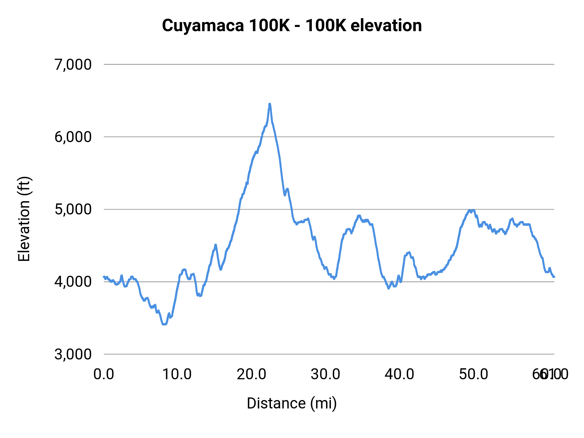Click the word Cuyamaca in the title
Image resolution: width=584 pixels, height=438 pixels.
coord(203,26)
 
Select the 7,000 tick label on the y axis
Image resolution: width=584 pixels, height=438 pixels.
coord(73,65)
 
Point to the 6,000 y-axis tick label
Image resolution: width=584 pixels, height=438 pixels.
coord(73,137)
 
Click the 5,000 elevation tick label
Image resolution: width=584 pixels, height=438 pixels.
coord(73,209)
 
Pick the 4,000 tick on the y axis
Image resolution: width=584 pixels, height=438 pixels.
coord(73,282)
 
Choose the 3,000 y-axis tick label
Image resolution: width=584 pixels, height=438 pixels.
coord(73,354)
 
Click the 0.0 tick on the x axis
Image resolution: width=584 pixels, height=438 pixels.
coord(104,374)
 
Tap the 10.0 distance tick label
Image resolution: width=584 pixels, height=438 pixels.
coord(177,374)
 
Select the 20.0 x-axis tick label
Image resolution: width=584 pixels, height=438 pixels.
coord(251,374)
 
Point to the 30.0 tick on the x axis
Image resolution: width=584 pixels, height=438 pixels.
coord(325,374)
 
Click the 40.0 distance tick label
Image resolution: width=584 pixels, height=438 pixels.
coord(399,374)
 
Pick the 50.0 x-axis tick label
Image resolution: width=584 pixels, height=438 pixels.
coord(473,374)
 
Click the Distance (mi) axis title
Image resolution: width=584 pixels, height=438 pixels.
coord(292,403)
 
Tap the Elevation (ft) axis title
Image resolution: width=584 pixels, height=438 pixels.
coord(24,219)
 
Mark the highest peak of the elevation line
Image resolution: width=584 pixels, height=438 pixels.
coord(270,104)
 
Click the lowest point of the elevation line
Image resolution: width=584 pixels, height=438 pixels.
coord(164,324)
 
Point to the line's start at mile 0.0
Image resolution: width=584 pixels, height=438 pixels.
coord(104,277)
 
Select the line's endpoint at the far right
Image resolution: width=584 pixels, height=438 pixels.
coord(554,277)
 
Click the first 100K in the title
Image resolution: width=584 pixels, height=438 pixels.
coord(269,26)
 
